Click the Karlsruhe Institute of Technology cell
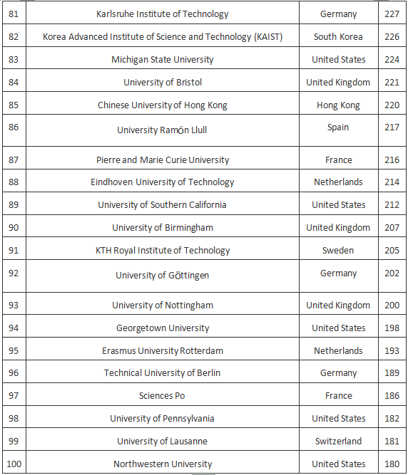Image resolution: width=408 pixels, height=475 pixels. click(163, 14)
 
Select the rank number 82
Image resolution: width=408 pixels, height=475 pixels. click(14, 36)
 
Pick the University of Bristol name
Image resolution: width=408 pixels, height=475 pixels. click(163, 82)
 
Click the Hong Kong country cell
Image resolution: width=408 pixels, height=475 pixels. click(338, 105)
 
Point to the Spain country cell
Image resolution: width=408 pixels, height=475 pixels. click(338, 127)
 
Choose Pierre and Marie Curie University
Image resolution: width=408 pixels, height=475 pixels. click(163, 160)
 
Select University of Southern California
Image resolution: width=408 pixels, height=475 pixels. click(163, 204)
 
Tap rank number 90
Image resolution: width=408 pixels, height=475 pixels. click(14, 227)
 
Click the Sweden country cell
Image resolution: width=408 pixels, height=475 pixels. click(338, 250)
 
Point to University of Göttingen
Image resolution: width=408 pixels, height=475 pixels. click(163, 275)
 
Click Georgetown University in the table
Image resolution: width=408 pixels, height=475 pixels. click(163, 328)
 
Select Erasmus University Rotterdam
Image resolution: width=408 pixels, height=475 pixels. click(163, 350)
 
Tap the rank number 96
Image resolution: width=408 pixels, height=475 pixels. click(14, 372)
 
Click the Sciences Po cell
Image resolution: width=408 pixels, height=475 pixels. click(163, 395)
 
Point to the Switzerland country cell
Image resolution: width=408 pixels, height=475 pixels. click(338, 441)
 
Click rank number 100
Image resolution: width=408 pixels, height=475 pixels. click(14, 464)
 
